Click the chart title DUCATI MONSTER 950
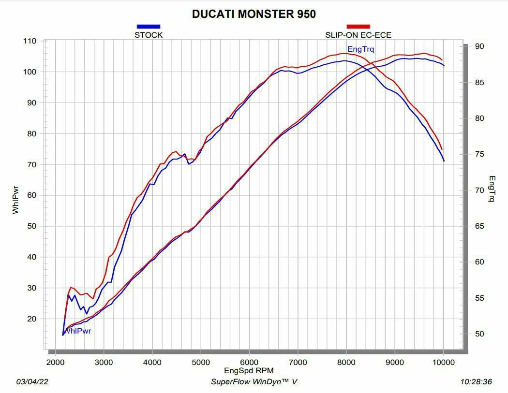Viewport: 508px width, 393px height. pyautogui.click(x=254, y=14)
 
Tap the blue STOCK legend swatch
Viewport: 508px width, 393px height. pyautogui.click(x=149, y=27)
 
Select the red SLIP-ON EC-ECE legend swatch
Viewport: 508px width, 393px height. pyautogui.click(x=358, y=27)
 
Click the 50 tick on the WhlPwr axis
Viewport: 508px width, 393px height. pyautogui.click(x=31, y=226)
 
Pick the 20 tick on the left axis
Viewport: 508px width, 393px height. pyautogui.click(x=31, y=319)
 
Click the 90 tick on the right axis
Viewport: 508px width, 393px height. pyautogui.click(x=479, y=46)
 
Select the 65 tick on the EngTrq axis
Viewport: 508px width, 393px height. pyautogui.click(x=479, y=226)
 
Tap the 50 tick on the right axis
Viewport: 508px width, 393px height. pyautogui.click(x=479, y=334)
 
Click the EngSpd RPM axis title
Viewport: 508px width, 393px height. pyautogui.click(x=249, y=371)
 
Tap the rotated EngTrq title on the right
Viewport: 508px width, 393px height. pyautogui.click(x=492, y=189)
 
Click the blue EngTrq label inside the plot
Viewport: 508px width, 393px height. pyautogui.click(x=360, y=49)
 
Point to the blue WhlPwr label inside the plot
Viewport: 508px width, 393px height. pyautogui.click(x=78, y=331)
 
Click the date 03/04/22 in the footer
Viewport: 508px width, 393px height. pyautogui.click(x=32, y=382)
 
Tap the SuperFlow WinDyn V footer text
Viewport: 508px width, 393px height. pyautogui.click(x=254, y=382)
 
